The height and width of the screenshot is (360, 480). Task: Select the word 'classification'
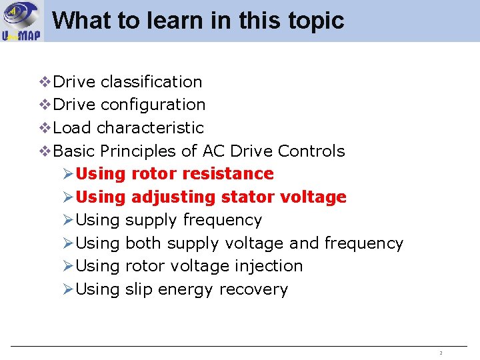[151, 82]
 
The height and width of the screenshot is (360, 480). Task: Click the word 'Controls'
[311, 151]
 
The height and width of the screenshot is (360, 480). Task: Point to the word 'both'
[143, 243]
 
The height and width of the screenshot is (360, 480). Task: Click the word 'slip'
[138, 289]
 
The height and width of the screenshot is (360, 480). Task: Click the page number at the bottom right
[441, 353]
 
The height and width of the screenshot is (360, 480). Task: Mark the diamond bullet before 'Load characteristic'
[45, 127]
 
